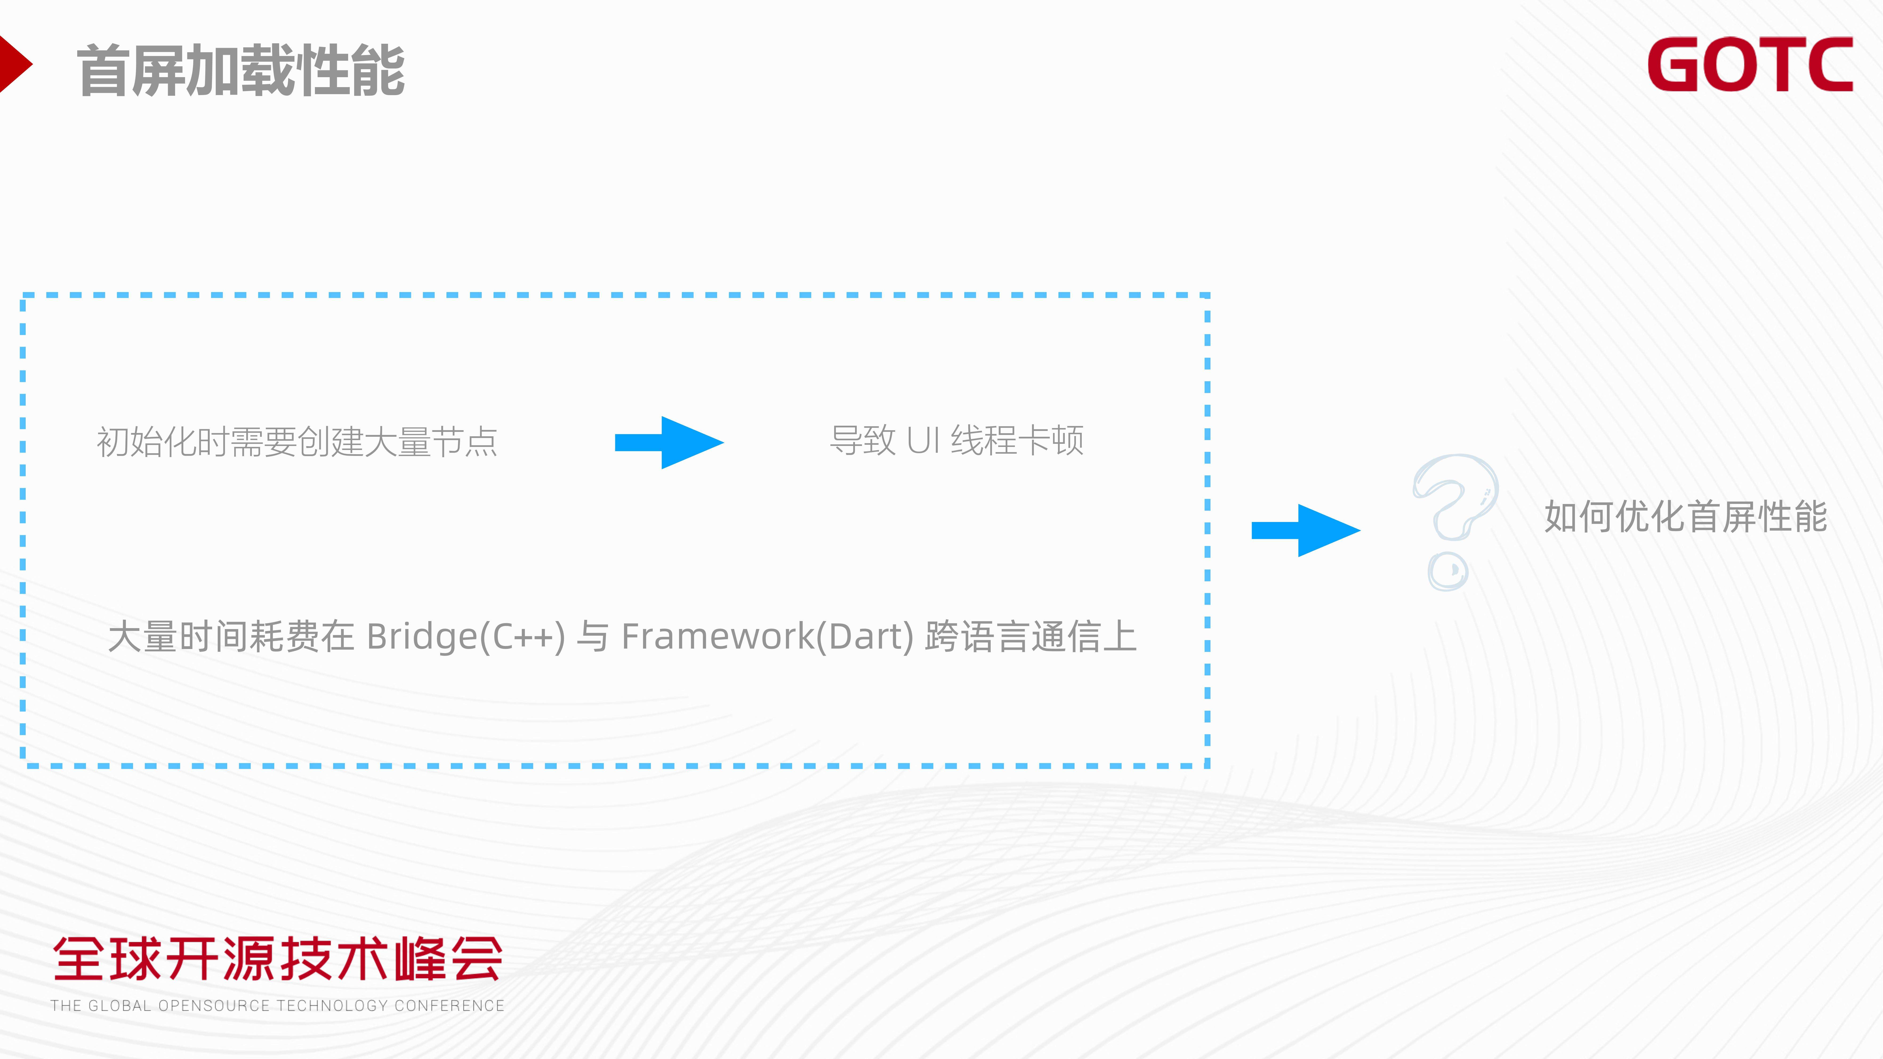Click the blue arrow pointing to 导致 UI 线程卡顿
[x=669, y=442]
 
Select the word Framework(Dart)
[x=768, y=637]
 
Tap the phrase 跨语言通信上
[x=1031, y=637]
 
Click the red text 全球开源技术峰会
[x=278, y=959]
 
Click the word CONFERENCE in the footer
[x=450, y=1006]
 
